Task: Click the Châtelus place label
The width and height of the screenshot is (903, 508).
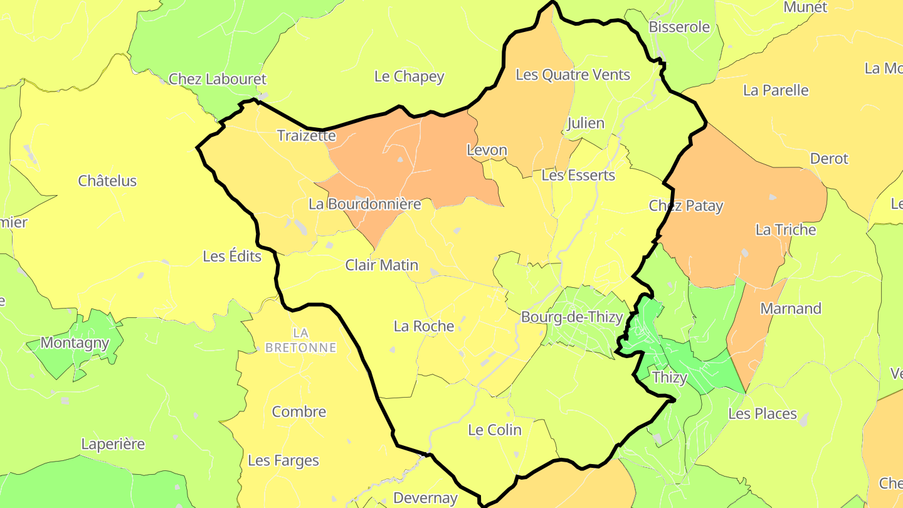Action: coord(107,181)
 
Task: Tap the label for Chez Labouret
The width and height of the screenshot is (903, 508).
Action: coord(218,80)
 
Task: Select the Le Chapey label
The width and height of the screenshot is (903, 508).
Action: coord(409,77)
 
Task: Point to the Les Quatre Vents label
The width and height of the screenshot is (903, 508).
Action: coord(573,75)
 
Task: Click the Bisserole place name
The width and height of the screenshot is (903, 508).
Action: coord(679,27)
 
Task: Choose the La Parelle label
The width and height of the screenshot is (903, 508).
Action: coord(776,90)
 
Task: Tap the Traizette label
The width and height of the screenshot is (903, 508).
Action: coord(307,136)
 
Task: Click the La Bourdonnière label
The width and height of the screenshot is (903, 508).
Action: coord(364,204)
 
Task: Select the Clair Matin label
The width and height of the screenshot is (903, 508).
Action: coord(381,265)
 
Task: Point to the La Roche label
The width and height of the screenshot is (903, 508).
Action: coord(424,326)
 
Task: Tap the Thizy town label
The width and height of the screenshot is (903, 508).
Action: coord(670,378)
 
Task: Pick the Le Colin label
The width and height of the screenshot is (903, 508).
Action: coord(495,430)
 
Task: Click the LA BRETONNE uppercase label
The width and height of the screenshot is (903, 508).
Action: coord(300,339)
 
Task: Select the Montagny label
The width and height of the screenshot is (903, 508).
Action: coord(75,343)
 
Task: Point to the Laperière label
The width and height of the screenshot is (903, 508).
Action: coord(113,445)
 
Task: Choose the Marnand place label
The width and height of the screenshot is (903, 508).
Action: coord(791,309)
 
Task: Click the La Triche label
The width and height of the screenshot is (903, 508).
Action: coord(786,230)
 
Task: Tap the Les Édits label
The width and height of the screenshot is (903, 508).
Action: coord(232,257)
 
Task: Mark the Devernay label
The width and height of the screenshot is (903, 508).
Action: coord(425,499)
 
